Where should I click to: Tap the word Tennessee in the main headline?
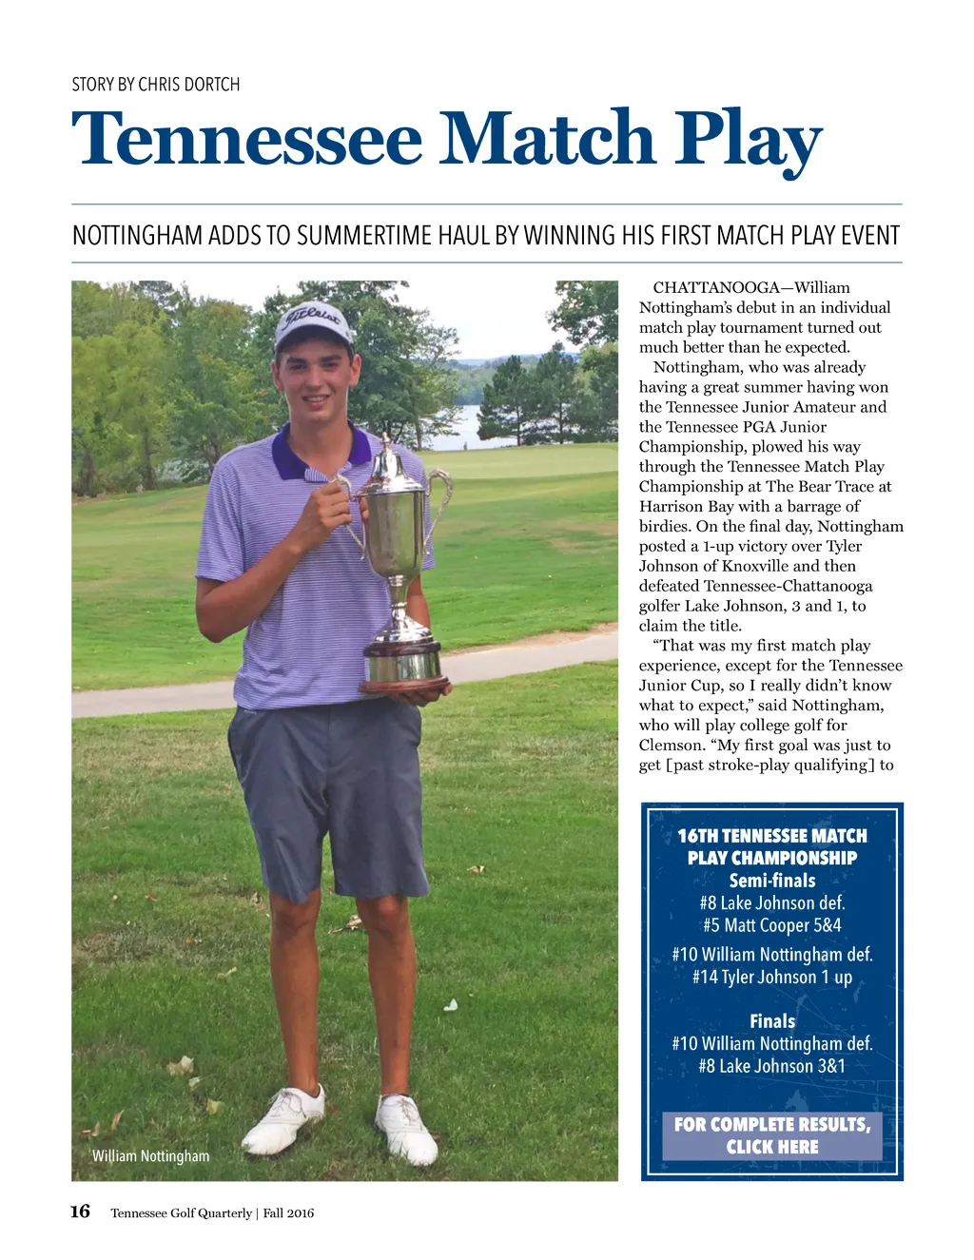[246, 140]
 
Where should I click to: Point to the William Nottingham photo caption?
[150, 1156]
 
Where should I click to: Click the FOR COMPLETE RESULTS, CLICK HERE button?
[772, 1135]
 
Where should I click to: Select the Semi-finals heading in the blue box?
[772, 881]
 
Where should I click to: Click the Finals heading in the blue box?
[772, 1021]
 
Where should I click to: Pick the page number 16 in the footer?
[80, 1212]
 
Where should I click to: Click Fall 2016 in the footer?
[288, 1213]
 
